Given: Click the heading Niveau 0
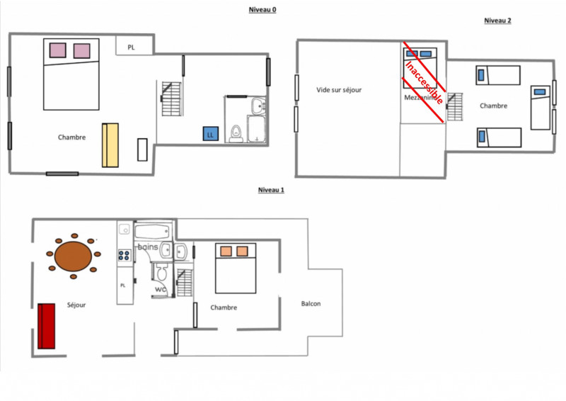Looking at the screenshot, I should point(262,9).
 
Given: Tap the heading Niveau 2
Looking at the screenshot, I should point(497,21).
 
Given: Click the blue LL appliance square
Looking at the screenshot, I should point(210,134).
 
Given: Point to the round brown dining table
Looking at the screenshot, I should point(73,254).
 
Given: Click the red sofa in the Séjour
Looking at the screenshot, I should point(47,325).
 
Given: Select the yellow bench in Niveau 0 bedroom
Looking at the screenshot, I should point(110,145).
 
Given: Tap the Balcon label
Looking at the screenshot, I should point(311,304).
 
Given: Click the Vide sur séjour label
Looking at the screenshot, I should point(339,90).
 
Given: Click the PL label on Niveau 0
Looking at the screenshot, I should point(132,47).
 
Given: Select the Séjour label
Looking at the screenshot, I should point(76,305).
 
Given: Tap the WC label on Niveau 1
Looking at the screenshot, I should point(161,288).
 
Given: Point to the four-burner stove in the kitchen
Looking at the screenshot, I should point(125,256).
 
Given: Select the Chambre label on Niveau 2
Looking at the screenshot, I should point(493,106).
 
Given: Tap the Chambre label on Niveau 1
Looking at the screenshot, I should point(224,307).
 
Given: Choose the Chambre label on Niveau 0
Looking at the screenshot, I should point(71,137).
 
